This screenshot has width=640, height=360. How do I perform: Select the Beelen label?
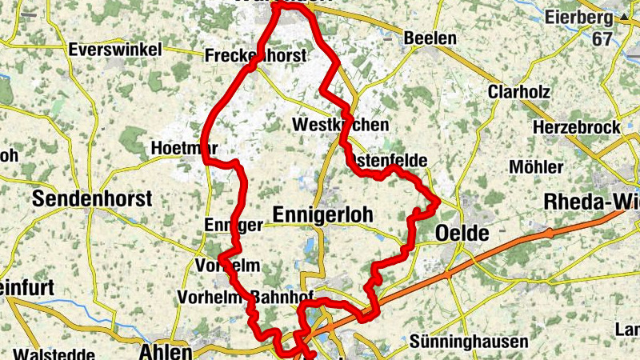pos(430,38)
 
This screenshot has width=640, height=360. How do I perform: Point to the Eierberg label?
pos(578,17)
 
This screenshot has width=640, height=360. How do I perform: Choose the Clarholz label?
pos(518,92)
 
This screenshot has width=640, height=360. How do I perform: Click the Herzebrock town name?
pos(576,127)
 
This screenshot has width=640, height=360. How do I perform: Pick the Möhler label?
pos(536,167)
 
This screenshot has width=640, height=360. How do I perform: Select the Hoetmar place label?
pos(184,149)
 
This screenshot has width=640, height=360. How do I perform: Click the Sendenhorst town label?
pos(90,199)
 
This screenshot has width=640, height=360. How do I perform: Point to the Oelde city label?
pos(462,234)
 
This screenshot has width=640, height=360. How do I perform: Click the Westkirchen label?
pos(341,125)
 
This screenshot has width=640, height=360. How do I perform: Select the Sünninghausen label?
pos(468,342)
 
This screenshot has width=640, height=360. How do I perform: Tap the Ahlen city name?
pos(165,351)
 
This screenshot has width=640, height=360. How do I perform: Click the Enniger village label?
pos(233,225)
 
